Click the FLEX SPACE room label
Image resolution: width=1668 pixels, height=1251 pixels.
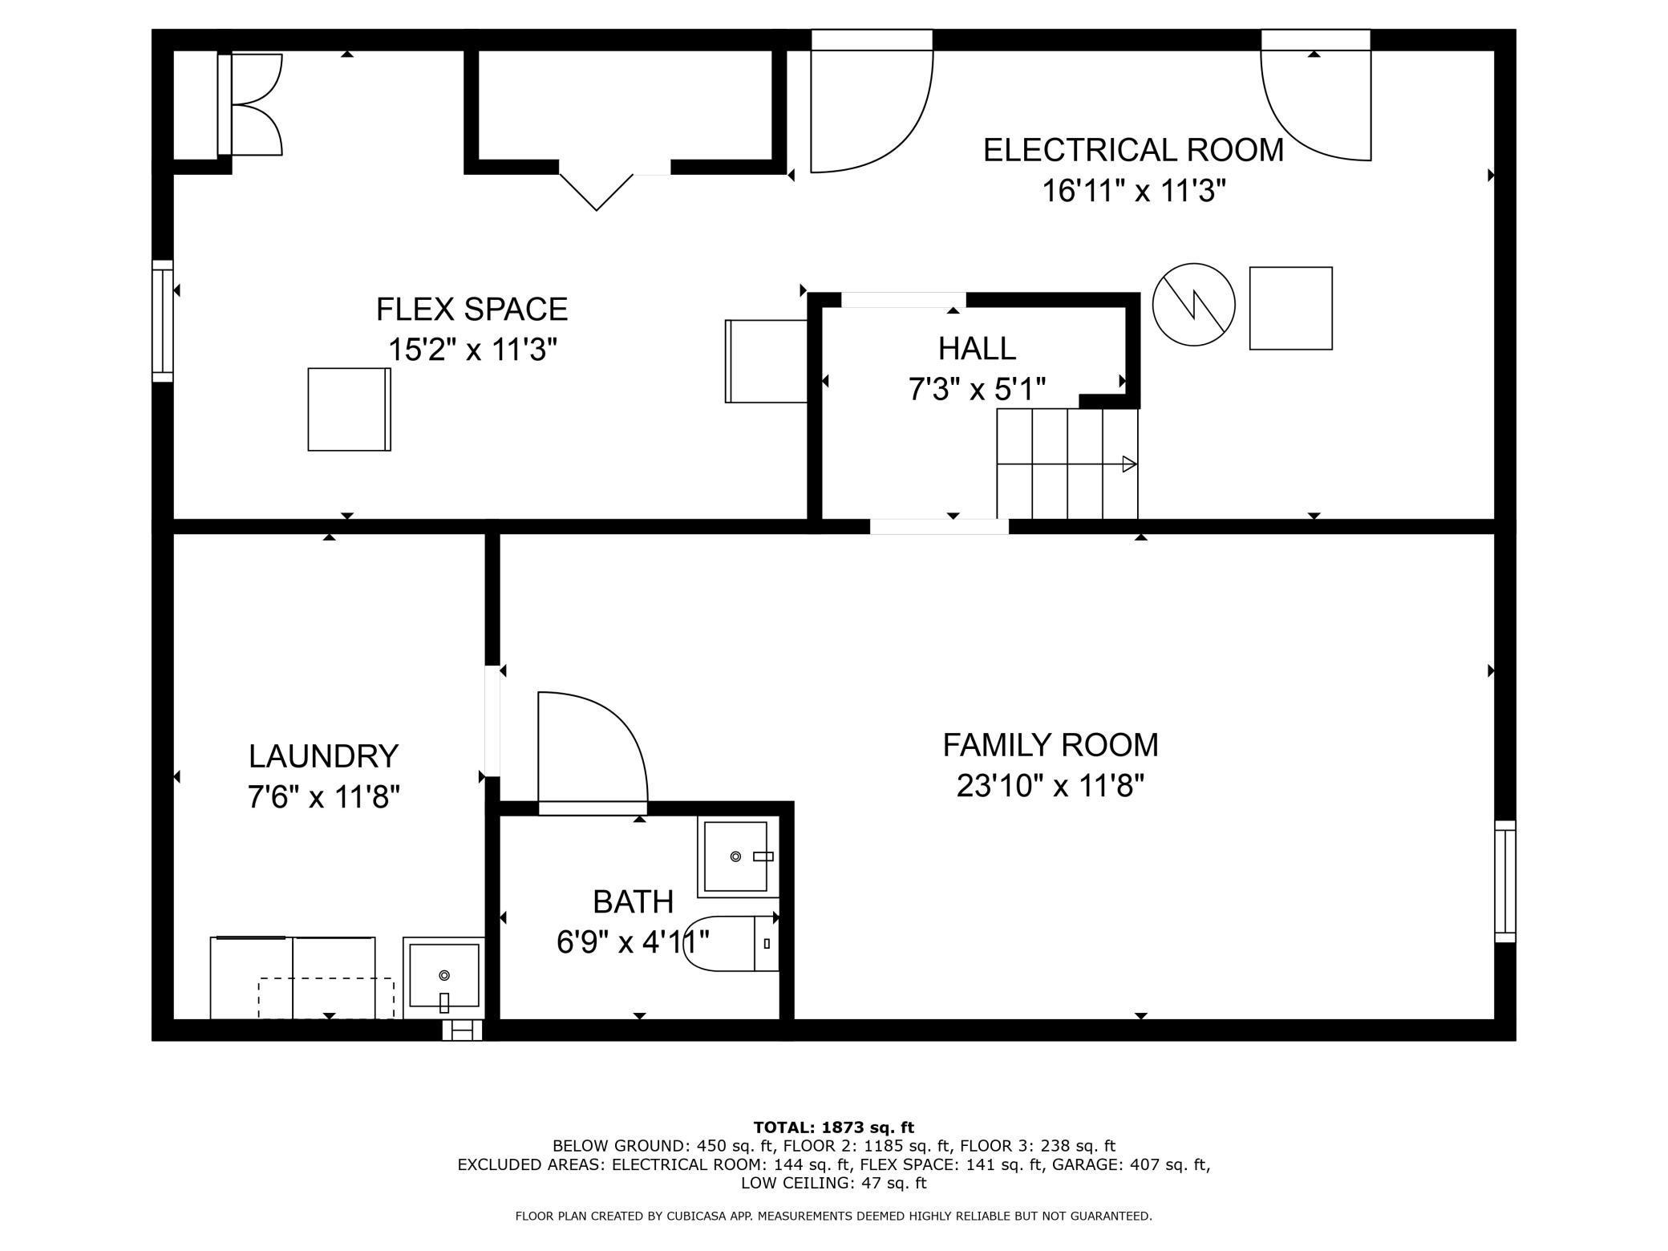point(472,309)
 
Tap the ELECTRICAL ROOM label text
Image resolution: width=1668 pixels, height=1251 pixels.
point(1133,150)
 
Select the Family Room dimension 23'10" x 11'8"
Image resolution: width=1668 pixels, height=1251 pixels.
point(1050,786)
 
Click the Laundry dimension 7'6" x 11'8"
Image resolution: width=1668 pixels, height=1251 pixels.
point(323,797)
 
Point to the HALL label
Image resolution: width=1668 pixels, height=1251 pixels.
point(977,348)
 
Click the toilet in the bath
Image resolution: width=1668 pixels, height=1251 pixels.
point(733,943)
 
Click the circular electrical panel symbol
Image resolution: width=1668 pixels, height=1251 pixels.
point(1193,305)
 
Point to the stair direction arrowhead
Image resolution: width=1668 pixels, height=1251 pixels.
point(1130,464)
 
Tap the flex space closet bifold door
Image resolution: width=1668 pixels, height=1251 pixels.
point(596,192)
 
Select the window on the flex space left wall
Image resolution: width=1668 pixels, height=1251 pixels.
point(163,321)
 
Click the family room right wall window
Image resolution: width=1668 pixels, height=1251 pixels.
point(1505,881)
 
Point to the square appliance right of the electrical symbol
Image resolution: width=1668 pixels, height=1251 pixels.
point(1291,308)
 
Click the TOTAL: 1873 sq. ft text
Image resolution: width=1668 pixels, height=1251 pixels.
point(834,1128)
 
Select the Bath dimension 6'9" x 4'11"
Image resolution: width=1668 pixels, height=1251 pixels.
point(634,941)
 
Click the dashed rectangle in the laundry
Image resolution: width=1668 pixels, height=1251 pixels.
point(326,998)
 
